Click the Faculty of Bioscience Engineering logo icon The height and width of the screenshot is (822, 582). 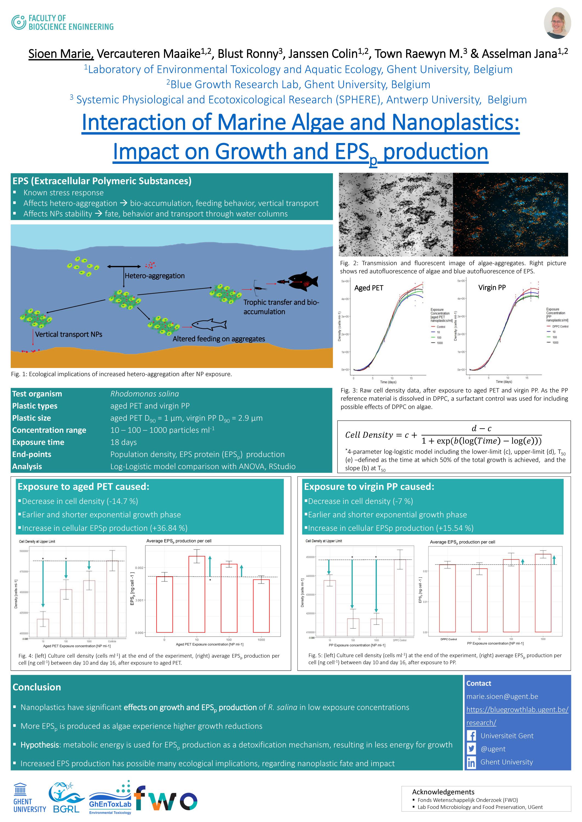pos(18,22)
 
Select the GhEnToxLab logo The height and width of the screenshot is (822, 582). pos(110,797)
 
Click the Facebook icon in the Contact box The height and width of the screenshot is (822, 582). pos(471,736)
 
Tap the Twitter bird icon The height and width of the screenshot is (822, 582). pos(471,749)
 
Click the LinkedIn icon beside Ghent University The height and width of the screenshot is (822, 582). pos(471,763)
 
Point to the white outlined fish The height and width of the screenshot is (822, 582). pos(209,325)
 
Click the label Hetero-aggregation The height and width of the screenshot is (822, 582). pos(154,276)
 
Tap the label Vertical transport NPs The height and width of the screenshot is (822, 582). pos(69,334)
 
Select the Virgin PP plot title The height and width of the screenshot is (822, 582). pos(492,287)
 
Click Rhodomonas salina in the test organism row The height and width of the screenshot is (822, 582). pos(145,394)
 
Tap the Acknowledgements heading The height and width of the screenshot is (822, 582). pos(443,792)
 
